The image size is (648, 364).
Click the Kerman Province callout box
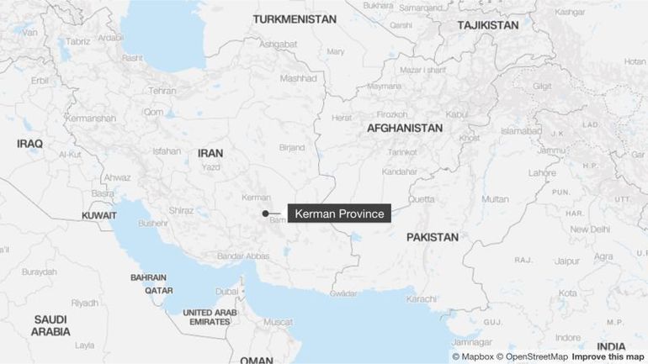(x=339, y=214)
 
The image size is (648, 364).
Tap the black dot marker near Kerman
(x=265, y=214)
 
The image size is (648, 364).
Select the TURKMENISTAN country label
(x=295, y=18)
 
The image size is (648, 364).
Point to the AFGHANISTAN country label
(x=404, y=128)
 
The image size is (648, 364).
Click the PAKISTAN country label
(x=433, y=237)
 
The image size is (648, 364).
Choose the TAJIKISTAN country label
(x=488, y=25)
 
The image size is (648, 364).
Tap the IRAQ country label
(x=29, y=144)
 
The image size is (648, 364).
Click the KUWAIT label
(x=99, y=216)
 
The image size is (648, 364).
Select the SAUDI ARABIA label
(x=50, y=325)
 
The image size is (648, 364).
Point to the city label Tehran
(x=162, y=91)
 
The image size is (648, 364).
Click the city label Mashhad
(x=298, y=78)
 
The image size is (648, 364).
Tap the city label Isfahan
(x=167, y=151)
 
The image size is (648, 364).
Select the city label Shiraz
(x=181, y=210)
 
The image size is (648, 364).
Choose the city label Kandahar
(x=399, y=171)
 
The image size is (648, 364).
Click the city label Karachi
(x=421, y=298)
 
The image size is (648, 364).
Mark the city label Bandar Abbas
(x=243, y=256)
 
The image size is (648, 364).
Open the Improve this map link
(x=608, y=356)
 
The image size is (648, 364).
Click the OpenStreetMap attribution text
(x=537, y=356)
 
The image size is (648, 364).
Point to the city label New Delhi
(x=589, y=229)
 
